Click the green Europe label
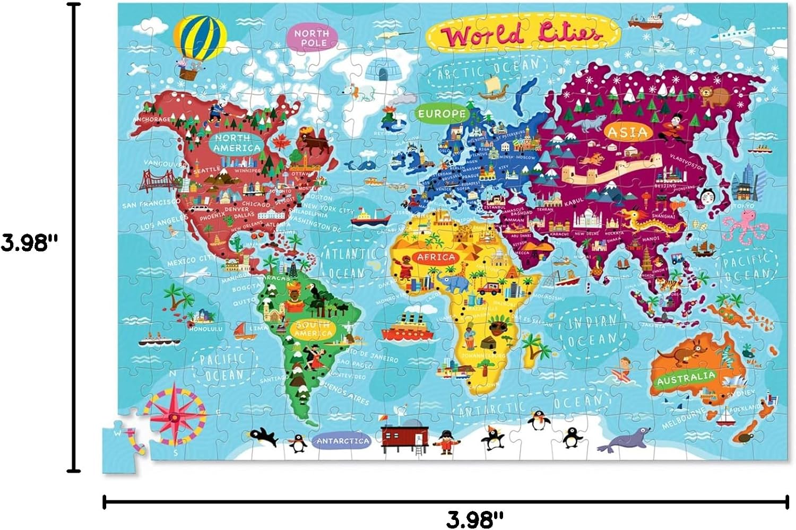click(442, 114)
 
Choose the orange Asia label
click(627, 132)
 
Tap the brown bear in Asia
click(714, 95)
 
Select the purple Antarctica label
click(343, 440)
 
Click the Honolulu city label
click(204, 328)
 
